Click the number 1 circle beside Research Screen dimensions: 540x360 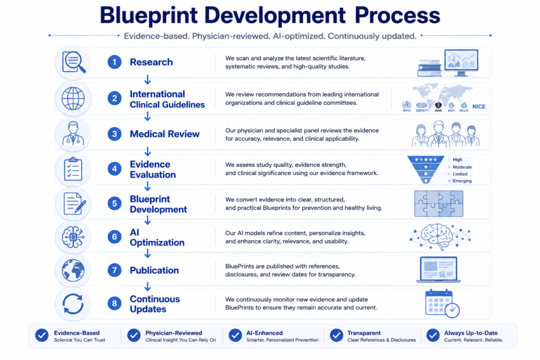[x=114, y=62]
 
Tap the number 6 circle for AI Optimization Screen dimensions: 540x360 [x=114, y=237]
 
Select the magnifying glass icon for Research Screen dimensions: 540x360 [x=73, y=62]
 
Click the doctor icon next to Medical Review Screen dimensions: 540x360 [x=73, y=133]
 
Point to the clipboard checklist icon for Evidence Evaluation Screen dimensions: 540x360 [x=73, y=169]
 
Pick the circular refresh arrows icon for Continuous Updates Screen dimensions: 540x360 [x=73, y=304]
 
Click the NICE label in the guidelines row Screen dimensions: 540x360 [x=479, y=106]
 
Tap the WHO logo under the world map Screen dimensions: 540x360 [x=407, y=106]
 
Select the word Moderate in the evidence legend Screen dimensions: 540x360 [x=462, y=167]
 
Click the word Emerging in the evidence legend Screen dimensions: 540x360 [x=462, y=181]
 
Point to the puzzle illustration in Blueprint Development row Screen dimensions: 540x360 [x=439, y=203]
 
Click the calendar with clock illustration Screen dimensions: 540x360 [x=442, y=303]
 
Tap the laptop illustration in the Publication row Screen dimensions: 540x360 [x=438, y=270]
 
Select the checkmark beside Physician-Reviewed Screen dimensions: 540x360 [x=133, y=335]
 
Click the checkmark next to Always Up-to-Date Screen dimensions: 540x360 [x=433, y=335]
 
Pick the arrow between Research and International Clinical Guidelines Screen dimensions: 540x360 [x=148, y=80]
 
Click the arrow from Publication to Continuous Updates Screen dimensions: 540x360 [x=148, y=286]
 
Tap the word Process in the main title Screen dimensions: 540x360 [x=398, y=15]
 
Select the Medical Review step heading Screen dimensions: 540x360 [x=165, y=134]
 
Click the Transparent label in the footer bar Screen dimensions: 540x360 [x=364, y=333]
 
